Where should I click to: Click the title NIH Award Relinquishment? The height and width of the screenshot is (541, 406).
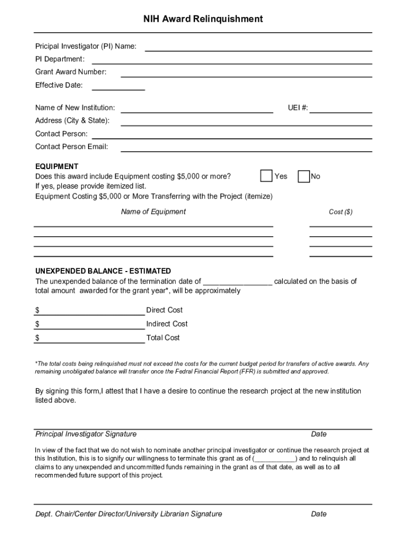[203, 19]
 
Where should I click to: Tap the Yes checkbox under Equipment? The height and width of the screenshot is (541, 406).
[267, 176]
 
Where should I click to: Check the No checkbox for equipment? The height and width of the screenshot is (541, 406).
[304, 176]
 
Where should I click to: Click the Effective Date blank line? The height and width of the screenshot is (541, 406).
[119, 86]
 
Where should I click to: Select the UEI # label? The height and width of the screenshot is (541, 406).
[298, 108]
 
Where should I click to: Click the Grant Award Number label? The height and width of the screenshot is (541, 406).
[71, 72]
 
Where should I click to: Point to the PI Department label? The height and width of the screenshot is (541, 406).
[60, 59]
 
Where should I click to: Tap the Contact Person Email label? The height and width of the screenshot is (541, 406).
[72, 147]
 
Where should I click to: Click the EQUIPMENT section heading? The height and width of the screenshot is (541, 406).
[56, 166]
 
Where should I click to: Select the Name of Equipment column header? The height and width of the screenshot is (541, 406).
[153, 212]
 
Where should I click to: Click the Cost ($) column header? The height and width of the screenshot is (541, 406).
[341, 212]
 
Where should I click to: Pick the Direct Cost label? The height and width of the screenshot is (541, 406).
[165, 310]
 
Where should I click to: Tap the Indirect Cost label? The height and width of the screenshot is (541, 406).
[167, 324]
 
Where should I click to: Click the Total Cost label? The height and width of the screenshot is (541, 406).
[163, 338]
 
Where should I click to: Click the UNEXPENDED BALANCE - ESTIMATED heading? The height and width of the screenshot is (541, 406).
[103, 271]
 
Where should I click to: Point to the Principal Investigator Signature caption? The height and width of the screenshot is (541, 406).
[86, 434]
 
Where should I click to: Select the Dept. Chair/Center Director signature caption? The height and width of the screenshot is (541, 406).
[129, 514]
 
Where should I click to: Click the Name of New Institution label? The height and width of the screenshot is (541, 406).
[75, 108]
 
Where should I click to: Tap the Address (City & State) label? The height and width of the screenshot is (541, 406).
[72, 120]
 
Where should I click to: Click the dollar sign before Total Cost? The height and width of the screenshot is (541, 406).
[37, 338]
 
